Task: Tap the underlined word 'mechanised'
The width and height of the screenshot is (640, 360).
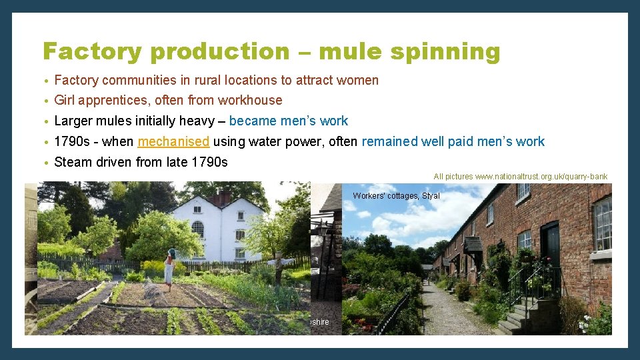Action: click(173, 141)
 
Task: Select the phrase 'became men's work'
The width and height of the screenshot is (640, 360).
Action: click(288, 121)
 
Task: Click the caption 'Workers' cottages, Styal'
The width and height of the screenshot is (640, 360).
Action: click(396, 196)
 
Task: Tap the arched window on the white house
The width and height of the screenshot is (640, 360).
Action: click(198, 229)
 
